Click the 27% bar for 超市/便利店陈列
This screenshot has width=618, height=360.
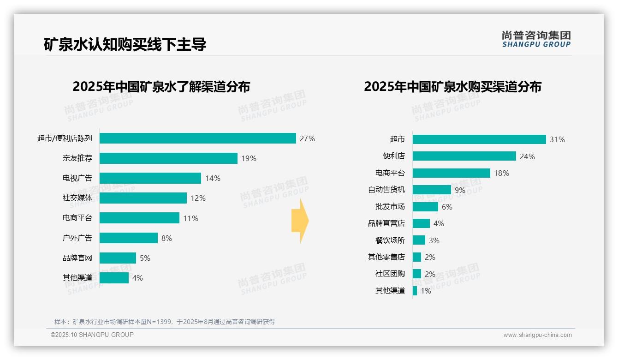click(197, 138)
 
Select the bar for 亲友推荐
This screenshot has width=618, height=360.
click(168, 158)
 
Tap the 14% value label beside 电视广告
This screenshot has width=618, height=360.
click(213, 178)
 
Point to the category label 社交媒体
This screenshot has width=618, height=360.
click(77, 198)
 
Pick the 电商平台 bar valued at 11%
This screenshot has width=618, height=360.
click(139, 218)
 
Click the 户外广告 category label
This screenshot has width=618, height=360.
click(77, 238)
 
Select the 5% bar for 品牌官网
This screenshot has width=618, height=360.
click(118, 258)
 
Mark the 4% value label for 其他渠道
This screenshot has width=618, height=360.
click(137, 278)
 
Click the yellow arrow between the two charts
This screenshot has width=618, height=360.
click(300, 221)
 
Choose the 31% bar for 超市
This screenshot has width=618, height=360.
click(479, 139)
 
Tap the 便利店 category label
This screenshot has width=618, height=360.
click(393, 156)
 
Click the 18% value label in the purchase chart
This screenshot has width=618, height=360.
click(501, 173)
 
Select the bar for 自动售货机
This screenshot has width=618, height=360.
click(432, 190)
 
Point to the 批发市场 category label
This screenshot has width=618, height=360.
click(390, 206)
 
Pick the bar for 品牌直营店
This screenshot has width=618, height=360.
click(421, 223)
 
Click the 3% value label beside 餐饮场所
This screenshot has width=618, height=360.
click(434, 240)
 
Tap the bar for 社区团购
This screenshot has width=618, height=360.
click(417, 274)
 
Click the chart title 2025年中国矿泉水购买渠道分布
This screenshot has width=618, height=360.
click(452, 87)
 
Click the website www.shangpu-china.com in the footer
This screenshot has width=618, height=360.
click(537, 335)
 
